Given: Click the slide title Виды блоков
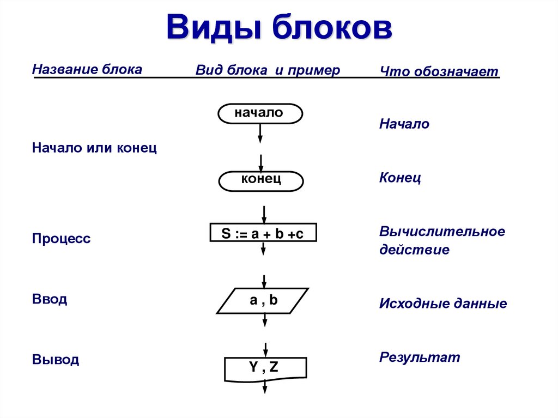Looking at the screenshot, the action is point(279,27).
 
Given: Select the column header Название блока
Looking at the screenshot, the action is point(87,69).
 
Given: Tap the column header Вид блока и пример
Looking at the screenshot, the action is point(268,70).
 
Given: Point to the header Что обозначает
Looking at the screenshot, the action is point(439,71).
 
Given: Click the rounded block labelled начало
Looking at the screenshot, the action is point(260,113).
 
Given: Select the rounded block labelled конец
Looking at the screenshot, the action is point(261,181).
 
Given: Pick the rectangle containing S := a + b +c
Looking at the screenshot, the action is point(263,233).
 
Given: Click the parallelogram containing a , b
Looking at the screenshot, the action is point(263,301).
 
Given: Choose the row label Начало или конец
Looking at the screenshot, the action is point(94,147).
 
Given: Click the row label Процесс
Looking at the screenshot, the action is point(61,238).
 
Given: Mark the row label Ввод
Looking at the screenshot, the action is point(50,298).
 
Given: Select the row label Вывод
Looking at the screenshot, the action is point(56,359).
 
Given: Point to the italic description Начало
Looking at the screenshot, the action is point(404,124).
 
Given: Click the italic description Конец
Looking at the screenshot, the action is point(400,177).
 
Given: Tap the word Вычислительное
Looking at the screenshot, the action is point(442,231).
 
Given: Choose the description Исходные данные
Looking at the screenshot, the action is point(443,304).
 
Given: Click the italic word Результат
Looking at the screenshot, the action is point(420,357).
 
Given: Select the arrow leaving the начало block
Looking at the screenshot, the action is point(260,134).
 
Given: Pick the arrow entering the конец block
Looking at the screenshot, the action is point(261,163).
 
